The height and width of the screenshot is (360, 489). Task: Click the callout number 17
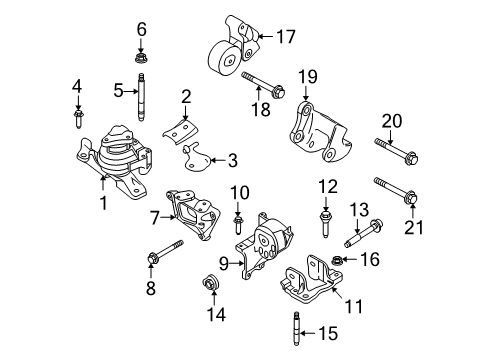tap(286, 37)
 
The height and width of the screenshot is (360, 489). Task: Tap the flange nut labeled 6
tap(141, 58)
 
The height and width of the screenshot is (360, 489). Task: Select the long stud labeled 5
tap(141, 97)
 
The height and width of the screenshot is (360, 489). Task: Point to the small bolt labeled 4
tap(79, 119)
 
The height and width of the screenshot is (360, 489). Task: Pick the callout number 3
tap(233, 160)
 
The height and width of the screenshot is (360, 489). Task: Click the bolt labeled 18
tap(263, 85)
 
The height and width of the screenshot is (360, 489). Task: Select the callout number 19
tap(307, 77)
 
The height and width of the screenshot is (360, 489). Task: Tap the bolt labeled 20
tap(396, 152)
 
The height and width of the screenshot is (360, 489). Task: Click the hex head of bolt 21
tap(411, 197)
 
